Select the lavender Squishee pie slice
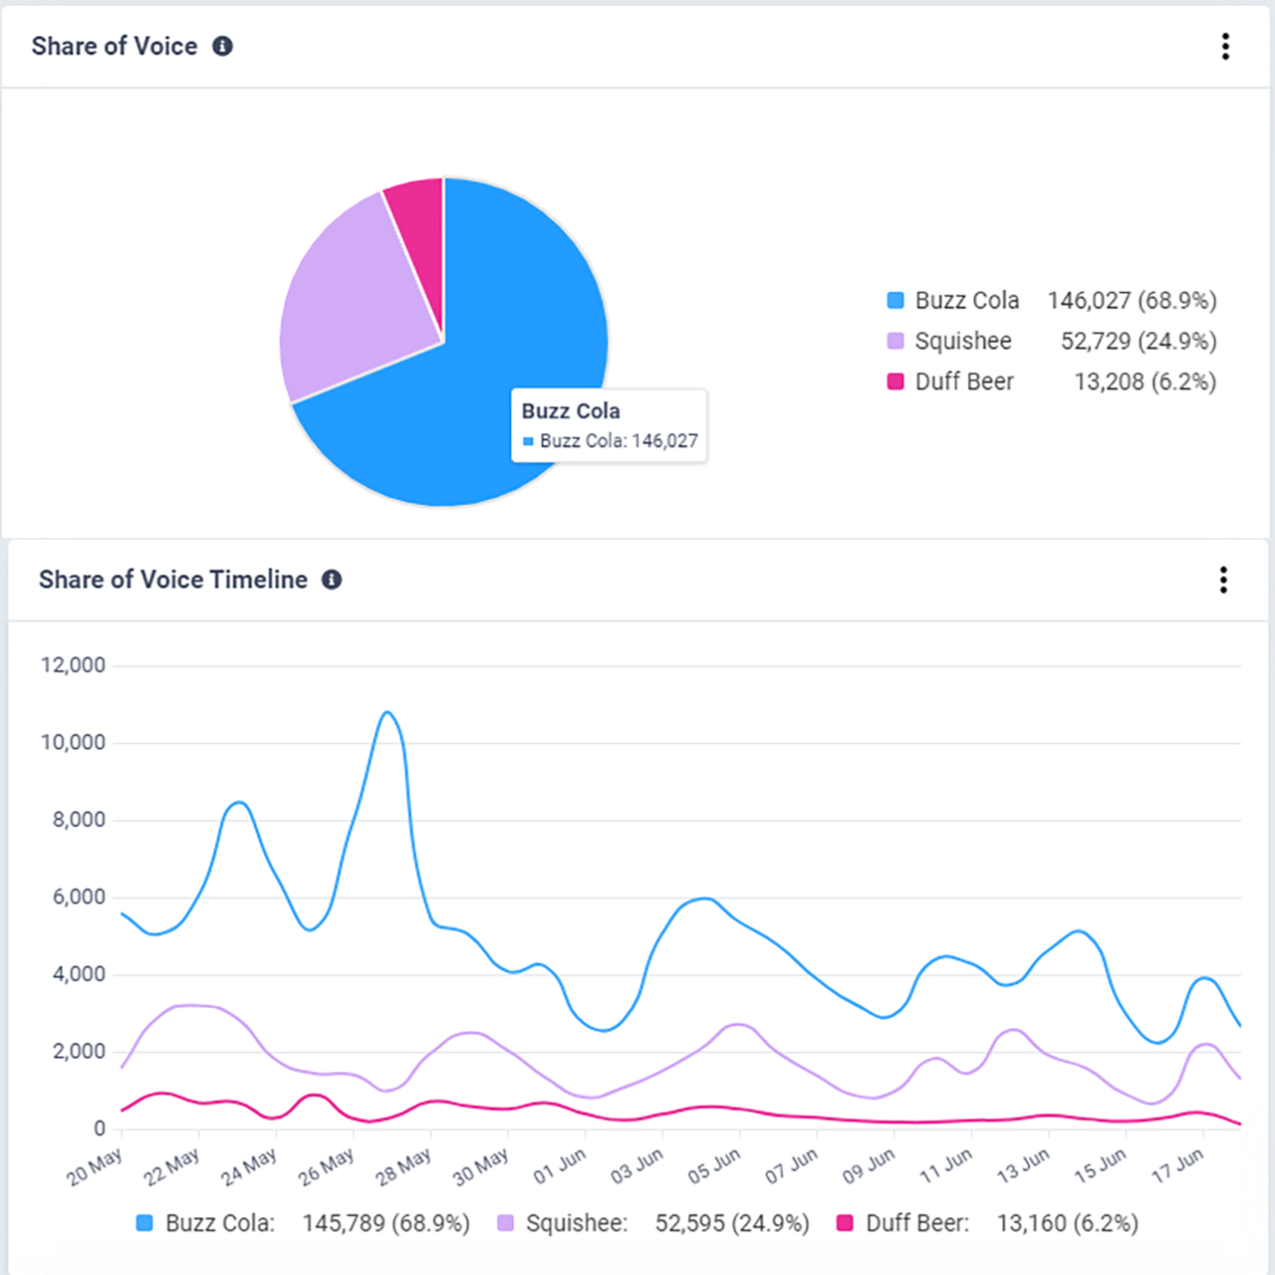[349, 299]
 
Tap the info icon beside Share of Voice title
[223, 46]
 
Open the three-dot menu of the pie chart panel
[1225, 46]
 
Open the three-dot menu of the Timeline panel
[1223, 580]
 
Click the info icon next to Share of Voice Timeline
[332, 580]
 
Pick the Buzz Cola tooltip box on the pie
[609, 425]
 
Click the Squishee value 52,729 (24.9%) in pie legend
[1138, 341]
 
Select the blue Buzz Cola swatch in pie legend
[895, 300]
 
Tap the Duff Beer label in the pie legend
[963, 382]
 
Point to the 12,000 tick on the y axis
[73, 665]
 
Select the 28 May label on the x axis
[403, 1166]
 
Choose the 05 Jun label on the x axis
[713, 1166]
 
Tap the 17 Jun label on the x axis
[1176, 1166]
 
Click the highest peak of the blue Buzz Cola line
[387, 712]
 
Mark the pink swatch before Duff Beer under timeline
[845, 1223]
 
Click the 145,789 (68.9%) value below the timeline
[385, 1223]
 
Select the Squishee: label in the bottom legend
[576, 1223]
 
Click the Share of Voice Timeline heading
[173, 580]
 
